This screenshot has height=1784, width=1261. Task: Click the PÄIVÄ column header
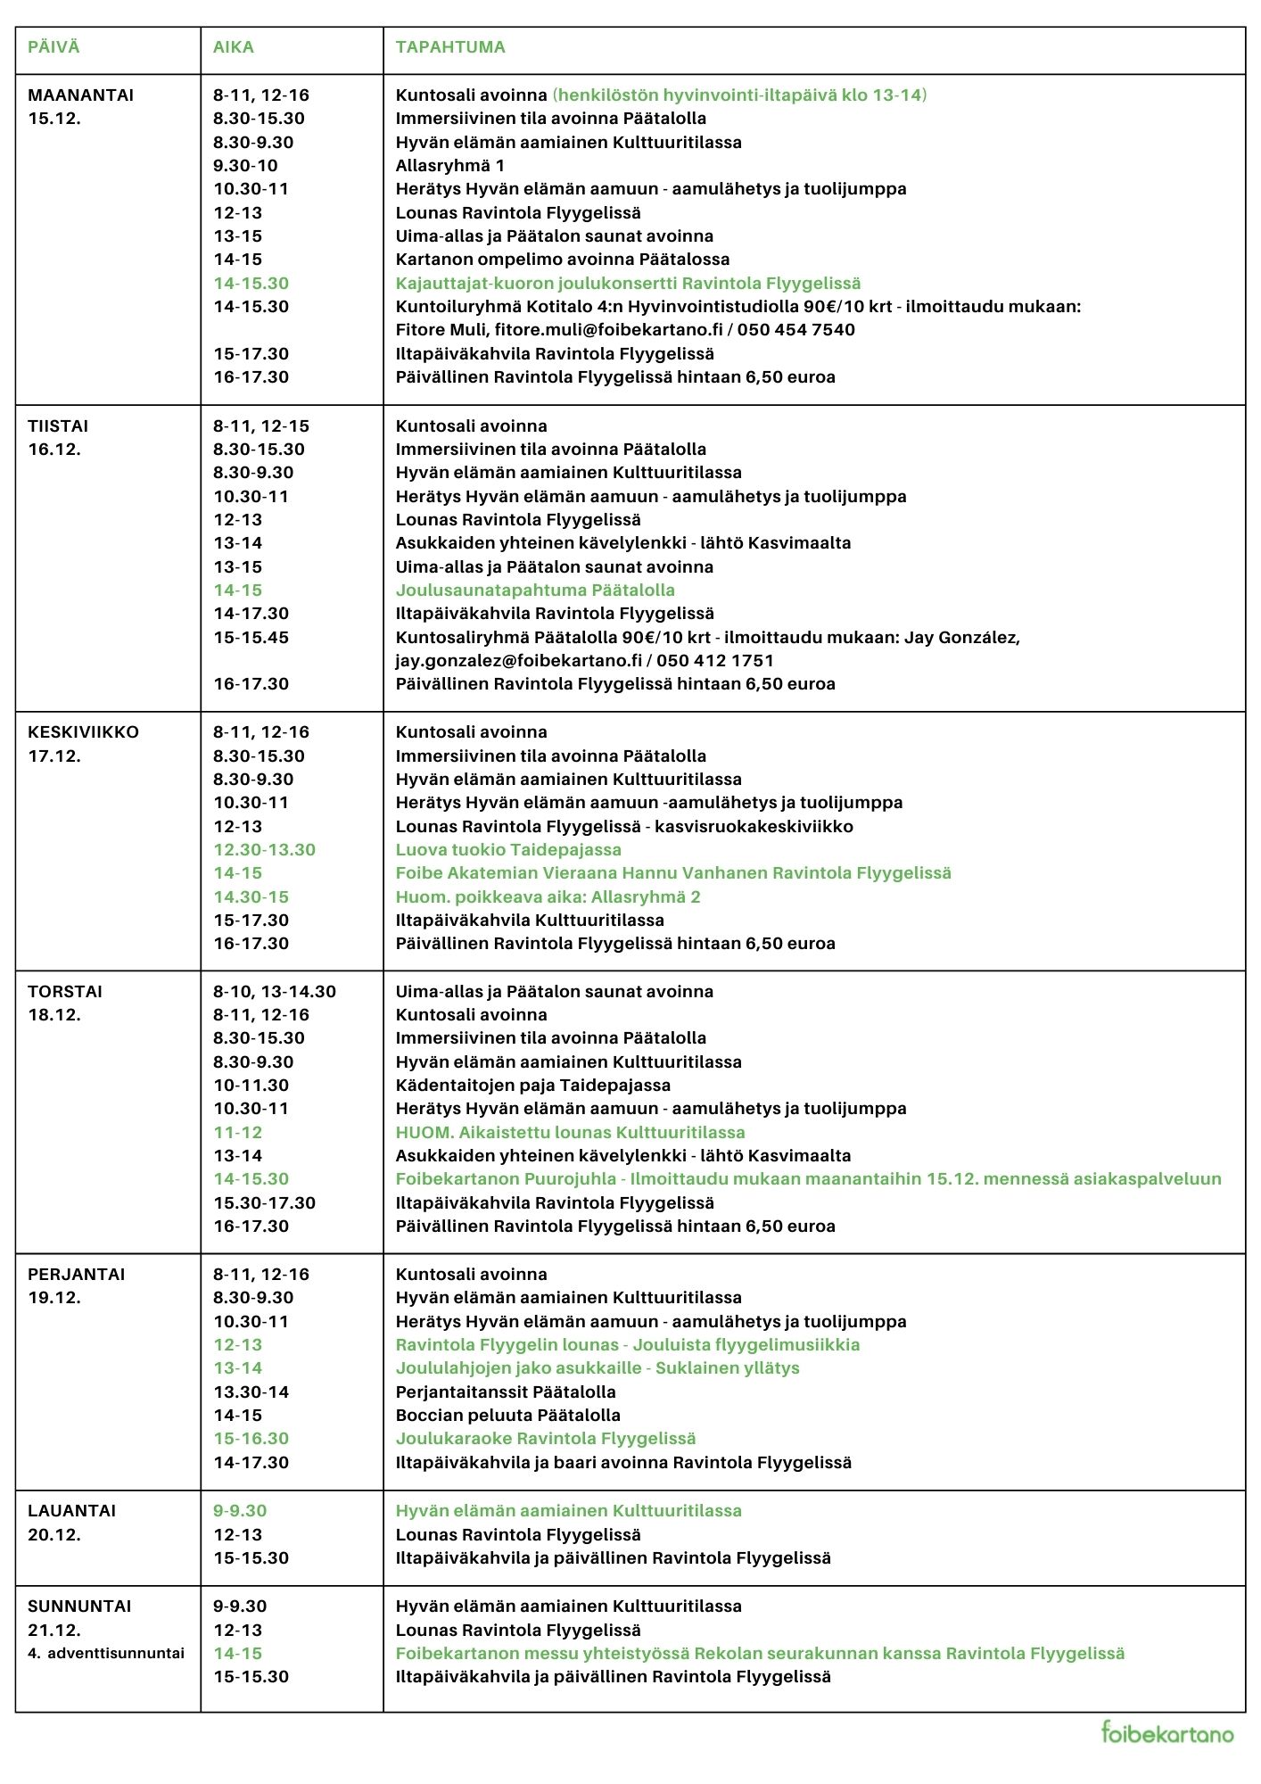pyautogui.click(x=54, y=47)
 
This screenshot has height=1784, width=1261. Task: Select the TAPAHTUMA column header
pyautogui.click(x=450, y=47)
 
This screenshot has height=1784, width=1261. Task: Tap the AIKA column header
pyautogui.click(x=233, y=47)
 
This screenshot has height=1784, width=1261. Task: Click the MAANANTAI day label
pyautogui.click(x=80, y=95)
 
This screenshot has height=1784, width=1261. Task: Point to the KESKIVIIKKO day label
pyautogui.click(x=83, y=732)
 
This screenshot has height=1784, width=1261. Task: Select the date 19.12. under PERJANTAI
pyautogui.click(x=54, y=1298)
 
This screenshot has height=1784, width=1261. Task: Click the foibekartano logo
pyautogui.click(x=1167, y=1732)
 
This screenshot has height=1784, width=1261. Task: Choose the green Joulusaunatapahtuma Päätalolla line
pyautogui.click(x=535, y=591)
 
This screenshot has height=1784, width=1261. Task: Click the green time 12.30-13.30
pyautogui.click(x=264, y=850)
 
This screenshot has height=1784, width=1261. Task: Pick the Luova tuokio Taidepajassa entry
pyautogui.click(x=508, y=850)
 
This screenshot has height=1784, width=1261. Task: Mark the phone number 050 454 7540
pyautogui.click(x=795, y=330)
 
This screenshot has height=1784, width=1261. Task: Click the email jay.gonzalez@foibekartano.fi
pyautogui.click(x=518, y=661)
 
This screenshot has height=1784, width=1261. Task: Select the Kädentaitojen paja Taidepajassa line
pyautogui.click(x=532, y=1086)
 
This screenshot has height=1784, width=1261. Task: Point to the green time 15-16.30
pyautogui.click(x=251, y=1439)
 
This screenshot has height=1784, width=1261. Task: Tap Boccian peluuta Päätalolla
pyautogui.click(x=507, y=1416)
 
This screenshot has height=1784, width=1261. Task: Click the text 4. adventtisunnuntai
pyautogui.click(x=105, y=1653)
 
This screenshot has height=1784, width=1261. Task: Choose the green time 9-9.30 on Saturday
pyautogui.click(x=239, y=1511)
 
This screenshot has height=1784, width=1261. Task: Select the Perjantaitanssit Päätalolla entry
pyautogui.click(x=505, y=1392)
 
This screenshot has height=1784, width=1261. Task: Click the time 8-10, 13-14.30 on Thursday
pyautogui.click(x=274, y=992)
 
